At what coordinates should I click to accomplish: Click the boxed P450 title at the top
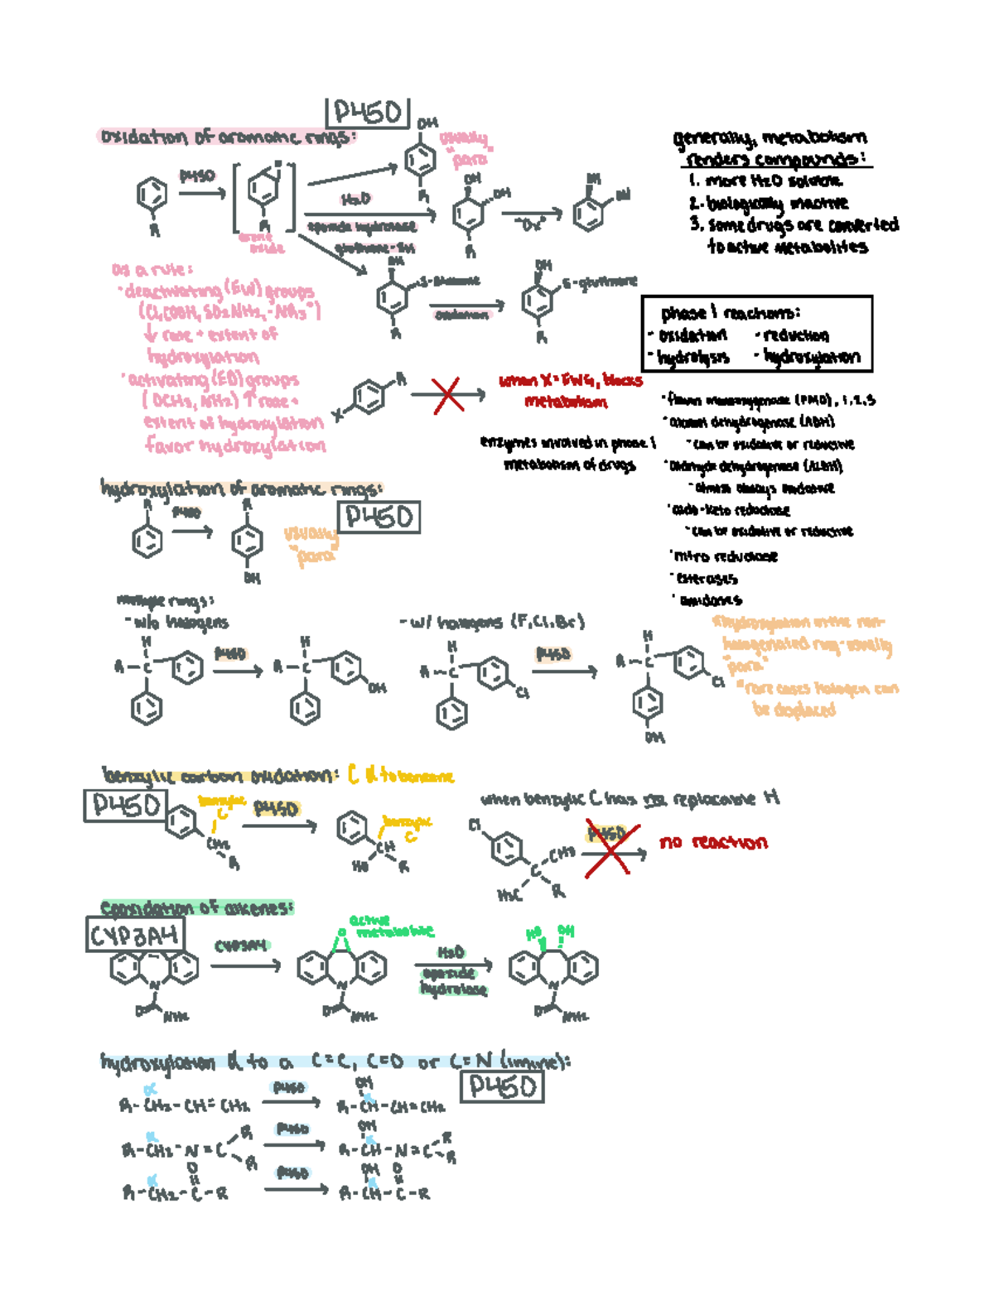(367, 113)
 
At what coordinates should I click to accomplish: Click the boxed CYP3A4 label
(134, 936)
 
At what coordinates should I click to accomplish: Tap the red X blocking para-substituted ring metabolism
(447, 395)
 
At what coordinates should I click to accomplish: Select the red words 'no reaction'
(713, 843)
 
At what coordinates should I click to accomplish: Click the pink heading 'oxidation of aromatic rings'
(227, 137)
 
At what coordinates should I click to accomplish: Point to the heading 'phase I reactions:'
(731, 313)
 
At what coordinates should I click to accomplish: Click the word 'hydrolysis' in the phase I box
(694, 358)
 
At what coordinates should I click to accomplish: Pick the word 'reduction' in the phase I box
(795, 335)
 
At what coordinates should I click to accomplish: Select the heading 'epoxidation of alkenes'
(196, 908)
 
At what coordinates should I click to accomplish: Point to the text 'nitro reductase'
(726, 556)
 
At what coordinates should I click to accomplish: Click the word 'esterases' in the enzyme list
(707, 579)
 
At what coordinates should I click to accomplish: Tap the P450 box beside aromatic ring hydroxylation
(379, 518)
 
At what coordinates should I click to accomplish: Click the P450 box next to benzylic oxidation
(125, 806)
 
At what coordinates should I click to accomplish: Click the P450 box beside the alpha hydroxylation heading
(502, 1086)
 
